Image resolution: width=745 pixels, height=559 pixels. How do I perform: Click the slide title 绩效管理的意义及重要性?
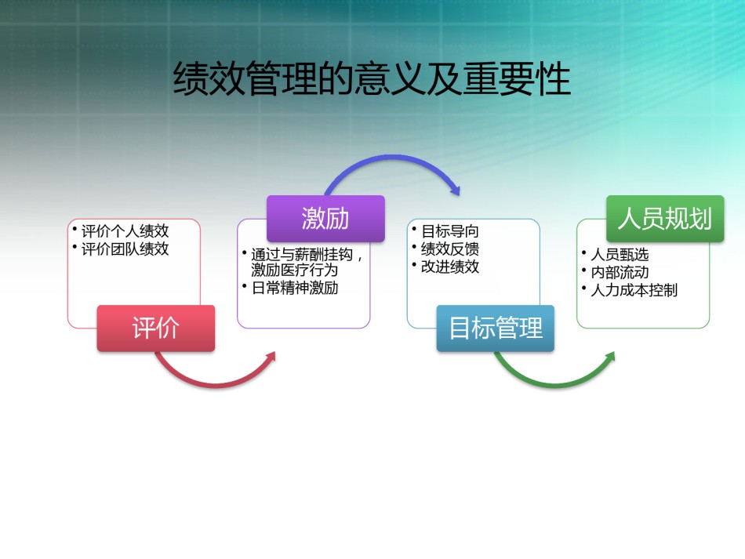pyautogui.click(x=372, y=79)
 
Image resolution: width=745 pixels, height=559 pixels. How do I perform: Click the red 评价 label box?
pyautogui.click(x=156, y=329)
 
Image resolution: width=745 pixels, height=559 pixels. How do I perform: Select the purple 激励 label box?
pyautogui.click(x=325, y=219)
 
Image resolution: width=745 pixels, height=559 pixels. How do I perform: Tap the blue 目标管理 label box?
pyautogui.click(x=496, y=329)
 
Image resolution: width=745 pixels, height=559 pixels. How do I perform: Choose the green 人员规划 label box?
pyautogui.click(x=665, y=219)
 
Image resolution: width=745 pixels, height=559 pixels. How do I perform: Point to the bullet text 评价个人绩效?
pyautogui.click(x=125, y=231)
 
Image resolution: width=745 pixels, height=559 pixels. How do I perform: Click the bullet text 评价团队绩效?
pyautogui.click(x=125, y=249)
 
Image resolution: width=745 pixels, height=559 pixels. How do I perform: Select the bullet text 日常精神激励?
pyautogui.click(x=295, y=288)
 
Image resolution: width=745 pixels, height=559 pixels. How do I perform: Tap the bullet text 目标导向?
pyautogui.click(x=450, y=231)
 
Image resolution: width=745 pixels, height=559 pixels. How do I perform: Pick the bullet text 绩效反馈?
pyautogui.click(x=450, y=249)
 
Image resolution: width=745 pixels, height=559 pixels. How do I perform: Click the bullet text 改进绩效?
pyautogui.click(x=450, y=267)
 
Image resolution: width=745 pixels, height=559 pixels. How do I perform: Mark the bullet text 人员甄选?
pyautogui.click(x=620, y=255)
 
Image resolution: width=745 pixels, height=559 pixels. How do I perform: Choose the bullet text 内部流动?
pyautogui.click(x=620, y=272)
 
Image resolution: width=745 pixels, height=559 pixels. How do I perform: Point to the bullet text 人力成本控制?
pyautogui.click(x=634, y=290)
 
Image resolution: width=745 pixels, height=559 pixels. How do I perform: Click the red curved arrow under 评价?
pyautogui.click(x=216, y=385)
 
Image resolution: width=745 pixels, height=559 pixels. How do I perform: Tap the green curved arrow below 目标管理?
pyautogui.click(x=556, y=385)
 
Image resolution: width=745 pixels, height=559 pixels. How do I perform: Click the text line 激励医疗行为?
pyautogui.click(x=295, y=270)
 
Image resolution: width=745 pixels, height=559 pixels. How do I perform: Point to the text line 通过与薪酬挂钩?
pyautogui.click(x=302, y=255)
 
